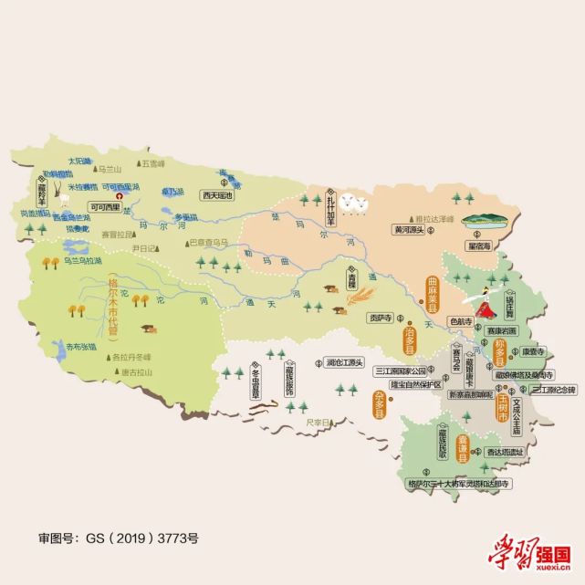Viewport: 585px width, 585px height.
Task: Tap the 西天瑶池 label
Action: [218, 195]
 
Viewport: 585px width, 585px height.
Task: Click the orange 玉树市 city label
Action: [502, 404]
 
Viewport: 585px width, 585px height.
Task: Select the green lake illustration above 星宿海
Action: [485, 222]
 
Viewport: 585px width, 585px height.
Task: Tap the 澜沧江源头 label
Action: [344, 361]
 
